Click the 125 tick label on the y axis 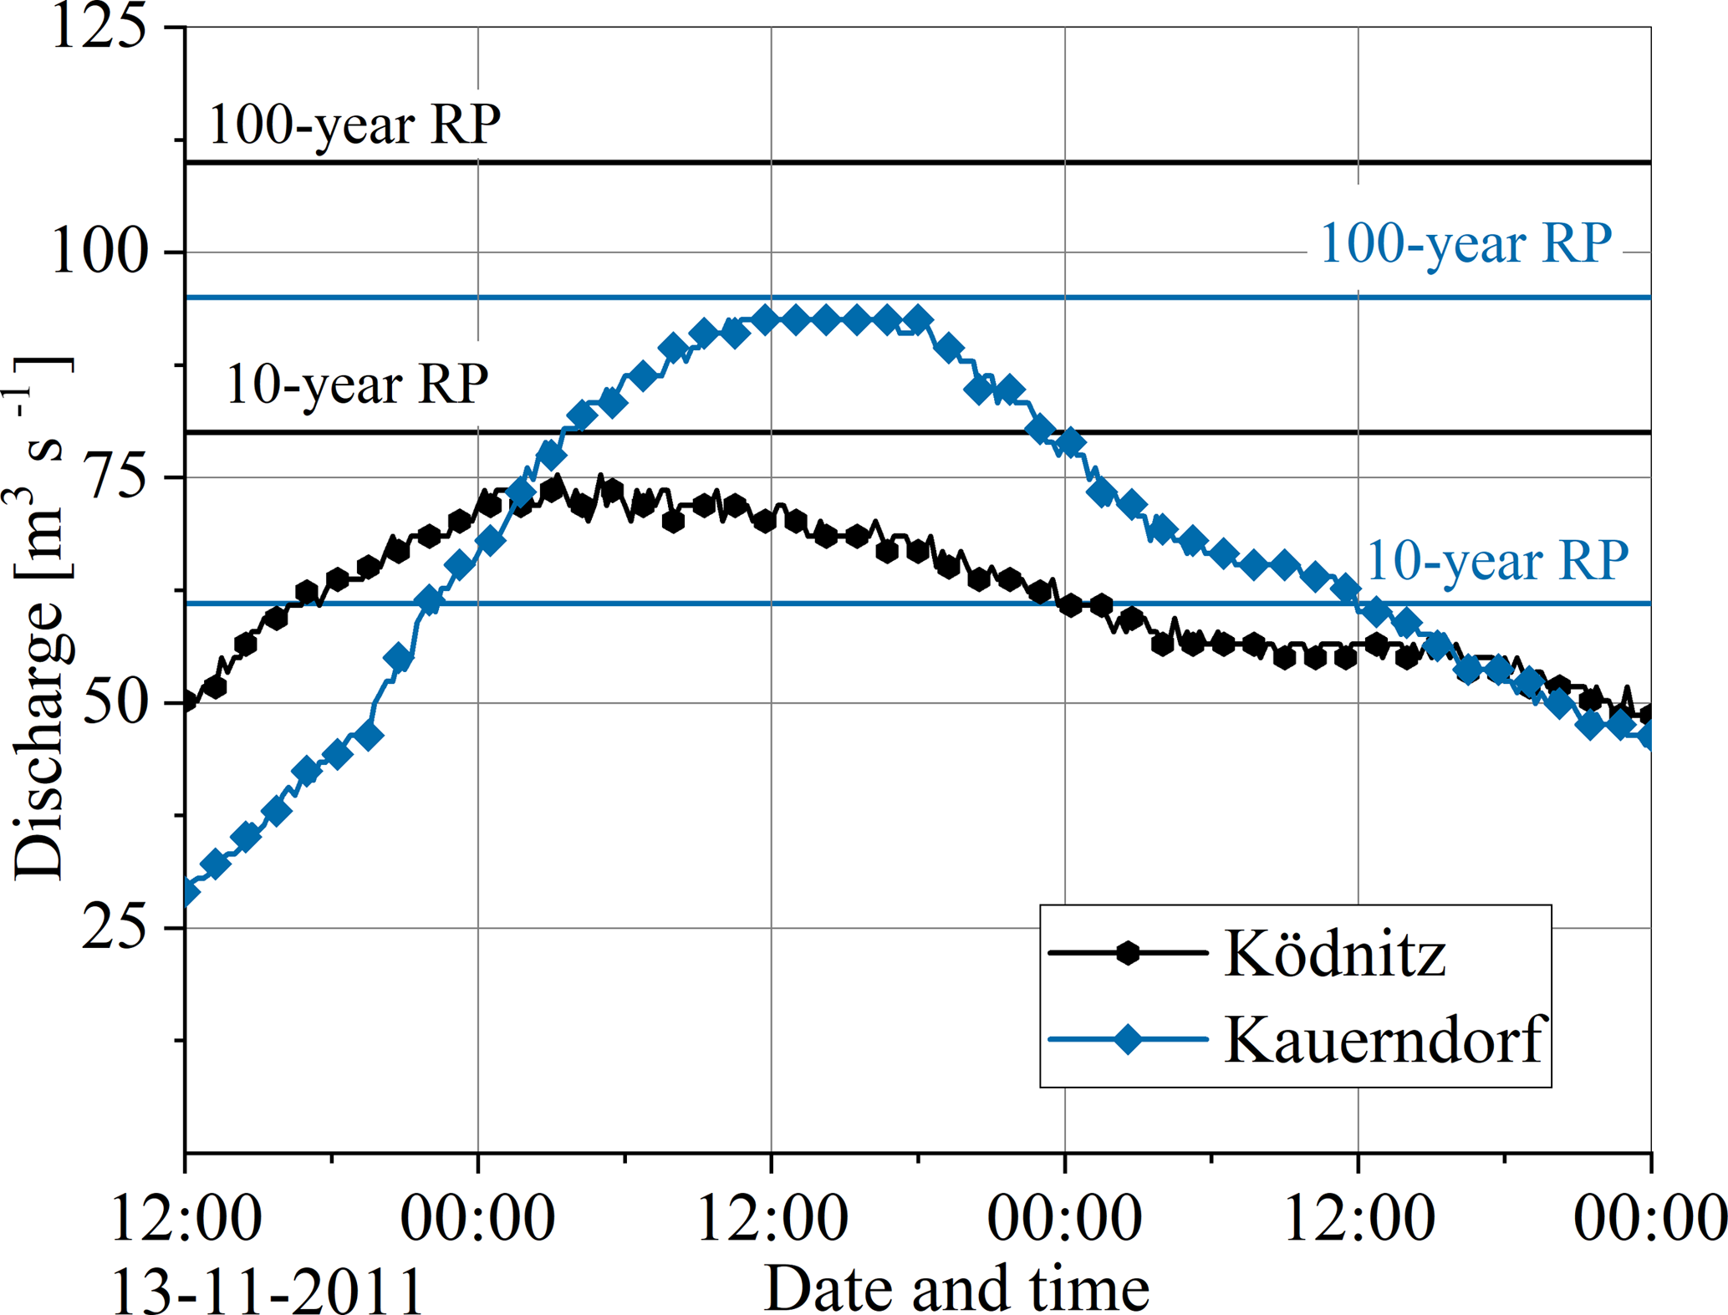tap(99, 27)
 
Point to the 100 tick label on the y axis tap(99, 251)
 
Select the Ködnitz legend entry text tap(1335, 953)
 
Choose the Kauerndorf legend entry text tap(1383, 1040)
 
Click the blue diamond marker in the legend tap(1128, 1039)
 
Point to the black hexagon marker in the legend tap(1128, 952)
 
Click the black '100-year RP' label tap(354, 125)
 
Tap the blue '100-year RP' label tap(1465, 245)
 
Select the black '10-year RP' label tap(357, 385)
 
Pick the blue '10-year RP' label tap(1497, 561)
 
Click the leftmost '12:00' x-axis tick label tap(186, 1218)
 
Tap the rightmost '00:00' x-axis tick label tap(1649, 1218)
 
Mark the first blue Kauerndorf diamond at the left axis tap(187, 891)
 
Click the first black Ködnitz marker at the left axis tap(187, 701)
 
